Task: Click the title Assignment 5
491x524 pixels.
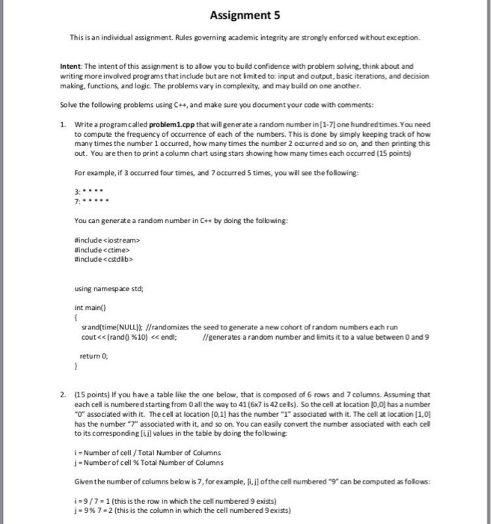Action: coord(245,13)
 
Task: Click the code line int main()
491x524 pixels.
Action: coord(89,306)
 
